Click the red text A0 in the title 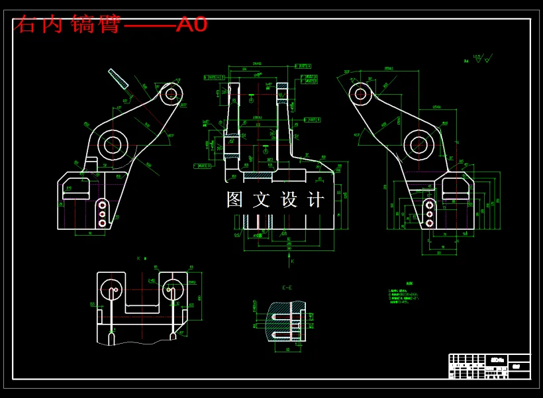[x=191, y=25]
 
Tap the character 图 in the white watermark [x=235, y=199]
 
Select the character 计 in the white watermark [x=317, y=199]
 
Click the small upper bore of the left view [x=172, y=93]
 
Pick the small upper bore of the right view [x=361, y=93]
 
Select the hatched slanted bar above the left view [x=119, y=78]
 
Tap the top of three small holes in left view [x=102, y=204]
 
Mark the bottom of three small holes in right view [x=430, y=224]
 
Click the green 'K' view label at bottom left [x=140, y=258]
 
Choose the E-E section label [x=287, y=287]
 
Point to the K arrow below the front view [x=292, y=262]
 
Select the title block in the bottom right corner [x=489, y=366]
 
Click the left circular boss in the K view [x=112, y=289]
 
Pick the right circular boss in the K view [x=172, y=289]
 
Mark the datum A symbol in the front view [x=251, y=99]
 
